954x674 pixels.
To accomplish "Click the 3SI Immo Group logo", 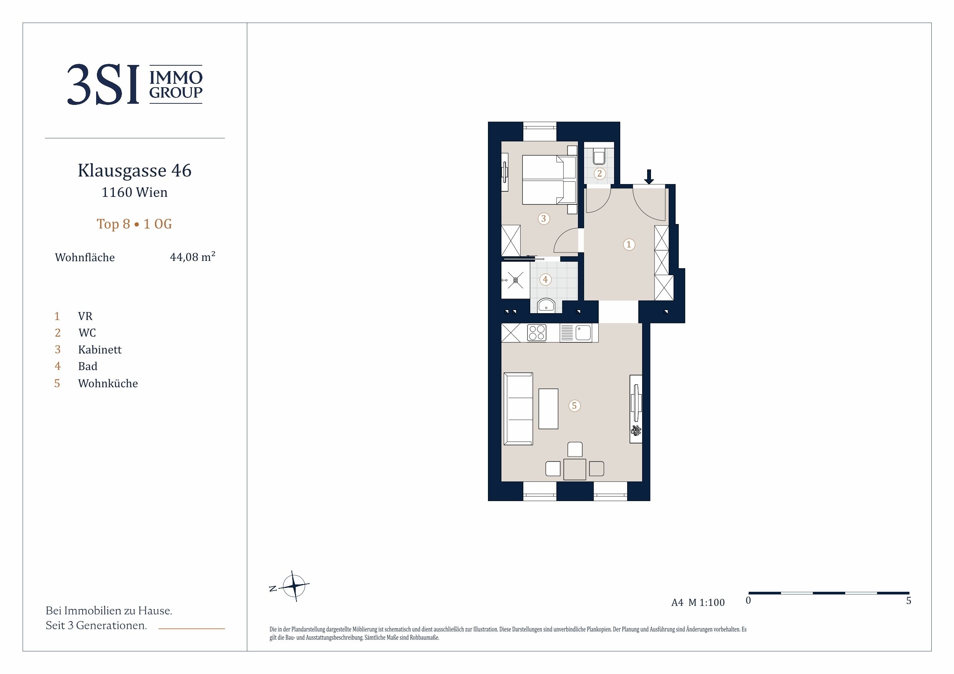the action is click(135, 84).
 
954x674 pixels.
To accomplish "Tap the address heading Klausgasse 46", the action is click(135, 170).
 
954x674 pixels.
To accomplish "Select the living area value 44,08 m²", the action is click(192, 257).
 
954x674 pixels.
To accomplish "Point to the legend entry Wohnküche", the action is click(108, 383).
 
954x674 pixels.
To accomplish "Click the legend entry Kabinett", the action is click(100, 350).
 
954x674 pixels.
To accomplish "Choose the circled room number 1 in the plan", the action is click(629, 245).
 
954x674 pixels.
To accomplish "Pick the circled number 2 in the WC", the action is click(599, 174).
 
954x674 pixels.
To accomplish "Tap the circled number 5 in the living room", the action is click(574, 406).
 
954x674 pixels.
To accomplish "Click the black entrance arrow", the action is click(649, 177).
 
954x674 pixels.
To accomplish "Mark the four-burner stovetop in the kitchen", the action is click(536, 333).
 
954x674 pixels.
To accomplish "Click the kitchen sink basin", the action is click(583, 333).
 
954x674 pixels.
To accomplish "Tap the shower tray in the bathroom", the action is click(516, 280).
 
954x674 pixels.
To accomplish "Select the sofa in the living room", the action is click(518, 408).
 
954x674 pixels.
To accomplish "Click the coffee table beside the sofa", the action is click(548, 408).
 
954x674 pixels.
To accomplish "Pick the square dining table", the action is click(574, 469).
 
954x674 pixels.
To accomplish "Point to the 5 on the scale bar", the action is click(909, 601).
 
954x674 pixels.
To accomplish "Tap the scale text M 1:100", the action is click(706, 603).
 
